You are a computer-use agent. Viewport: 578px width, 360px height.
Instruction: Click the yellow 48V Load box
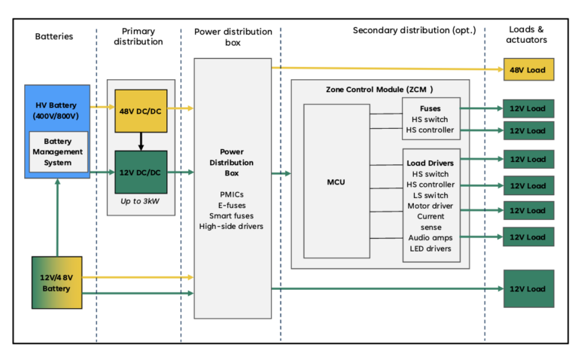(x=528, y=70)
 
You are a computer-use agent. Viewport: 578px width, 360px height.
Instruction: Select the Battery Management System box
(x=58, y=151)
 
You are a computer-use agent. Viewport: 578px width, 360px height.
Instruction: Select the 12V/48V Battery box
(x=56, y=283)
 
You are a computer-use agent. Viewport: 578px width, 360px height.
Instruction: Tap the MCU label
(x=337, y=182)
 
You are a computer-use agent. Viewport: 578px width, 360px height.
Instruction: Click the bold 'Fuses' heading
(x=430, y=108)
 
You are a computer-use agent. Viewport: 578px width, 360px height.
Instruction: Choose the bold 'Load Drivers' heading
(x=430, y=163)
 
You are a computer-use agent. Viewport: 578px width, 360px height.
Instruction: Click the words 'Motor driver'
(x=430, y=206)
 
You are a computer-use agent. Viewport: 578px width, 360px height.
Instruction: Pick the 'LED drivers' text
(x=430, y=249)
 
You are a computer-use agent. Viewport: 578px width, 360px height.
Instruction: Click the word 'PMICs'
(x=231, y=194)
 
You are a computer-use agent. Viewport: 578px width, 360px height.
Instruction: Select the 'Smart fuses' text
(x=231, y=215)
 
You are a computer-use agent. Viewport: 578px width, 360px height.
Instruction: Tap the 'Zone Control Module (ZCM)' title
(x=379, y=89)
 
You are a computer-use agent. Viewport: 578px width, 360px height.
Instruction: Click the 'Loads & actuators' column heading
(x=528, y=35)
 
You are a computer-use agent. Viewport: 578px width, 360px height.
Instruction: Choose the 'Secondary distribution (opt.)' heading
(x=414, y=30)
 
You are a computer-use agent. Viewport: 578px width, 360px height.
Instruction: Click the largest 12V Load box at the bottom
(x=528, y=288)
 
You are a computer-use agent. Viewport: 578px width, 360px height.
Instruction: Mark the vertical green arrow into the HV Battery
(x=57, y=218)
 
